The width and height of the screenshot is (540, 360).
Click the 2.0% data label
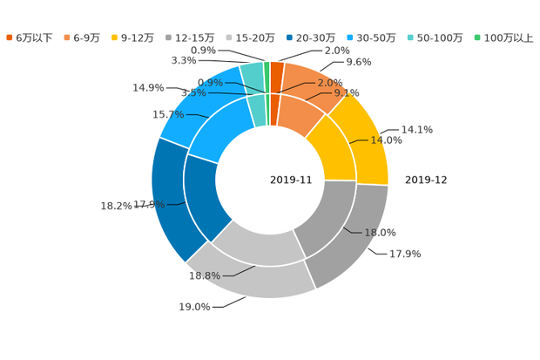coord(330,83)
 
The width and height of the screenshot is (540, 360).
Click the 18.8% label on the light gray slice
coord(205,275)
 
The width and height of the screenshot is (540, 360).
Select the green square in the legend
coord(477,37)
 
